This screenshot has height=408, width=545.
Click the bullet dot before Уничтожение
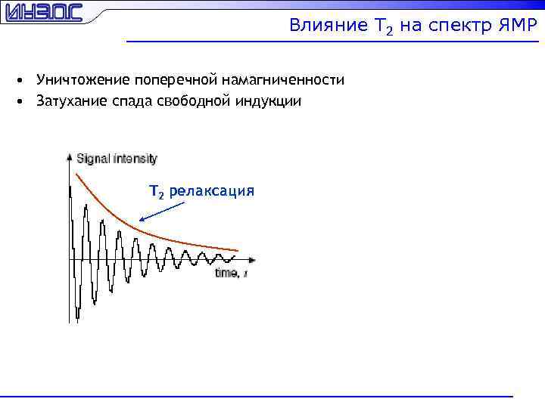(23, 80)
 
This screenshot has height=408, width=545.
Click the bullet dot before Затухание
(23, 101)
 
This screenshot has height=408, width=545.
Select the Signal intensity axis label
(117, 159)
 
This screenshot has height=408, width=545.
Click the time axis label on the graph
(231, 273)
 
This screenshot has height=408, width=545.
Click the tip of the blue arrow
(139, 221)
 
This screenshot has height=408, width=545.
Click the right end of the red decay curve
(238, 250)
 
